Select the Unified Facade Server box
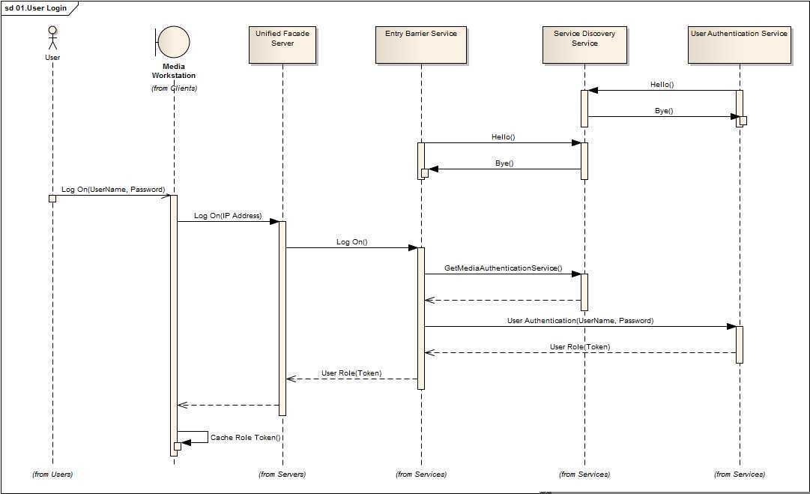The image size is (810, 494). pyautogui.click(x=282, y=44)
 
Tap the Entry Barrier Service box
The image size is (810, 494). pyautogui.click(x=420, y=44)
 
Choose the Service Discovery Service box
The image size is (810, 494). pyautogui.click(x=584, y=44)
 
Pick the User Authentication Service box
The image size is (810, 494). pyautogui.click(x=739, y=44)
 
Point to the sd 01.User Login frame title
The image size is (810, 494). pyautogui.click(x=35, y=7)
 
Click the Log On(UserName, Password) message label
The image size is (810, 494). pyautogui.click(x=113, y=190)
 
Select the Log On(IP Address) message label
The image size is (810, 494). pyautogui.click(x=228, y=216)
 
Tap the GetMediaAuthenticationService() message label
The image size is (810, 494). pyautogui.click(x=503, y=268)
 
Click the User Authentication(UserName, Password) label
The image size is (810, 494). pyautogui.click(x=580, y=321)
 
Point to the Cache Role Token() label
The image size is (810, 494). pyautogui.click(x=245, y=437)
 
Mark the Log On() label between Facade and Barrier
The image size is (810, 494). pyautogui.click(x=351, y=242)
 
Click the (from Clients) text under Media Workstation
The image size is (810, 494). pyautogui.click(x=174, y=88)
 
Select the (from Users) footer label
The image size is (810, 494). pyautogui.click(x=52, y=474)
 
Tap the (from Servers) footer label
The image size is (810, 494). pyautogui.click(x=282, y=474)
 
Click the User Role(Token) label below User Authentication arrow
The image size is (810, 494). pyautogui.click(x=580, y=347)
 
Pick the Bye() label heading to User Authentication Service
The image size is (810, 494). pyautogui.click(x=664, y=111)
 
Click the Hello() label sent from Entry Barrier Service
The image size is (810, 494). pyautogui.click(x=504, y=137)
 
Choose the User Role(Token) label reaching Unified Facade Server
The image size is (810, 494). pyautogui.click(x=351, y=373)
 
